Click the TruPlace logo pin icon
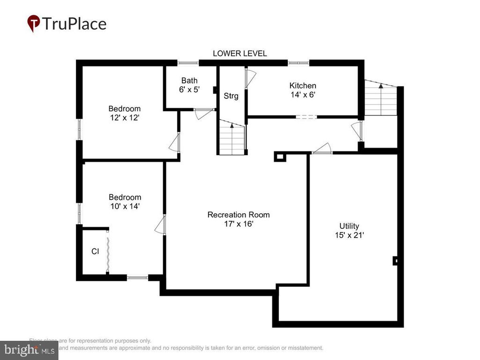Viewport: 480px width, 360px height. point(33,23)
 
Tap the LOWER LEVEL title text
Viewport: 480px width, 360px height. point(240,53)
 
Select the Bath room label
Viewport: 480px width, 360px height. point(189,81)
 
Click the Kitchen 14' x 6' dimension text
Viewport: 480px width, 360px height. point(302,94)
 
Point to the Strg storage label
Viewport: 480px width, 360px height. point(231,96)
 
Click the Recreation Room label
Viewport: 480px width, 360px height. point(239,215)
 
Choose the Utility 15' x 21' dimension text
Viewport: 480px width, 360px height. point(349,235)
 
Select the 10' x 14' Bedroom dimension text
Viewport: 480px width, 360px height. point(125,206)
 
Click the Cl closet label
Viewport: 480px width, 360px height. point(95,252)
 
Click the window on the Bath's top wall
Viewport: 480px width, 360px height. point(187,63)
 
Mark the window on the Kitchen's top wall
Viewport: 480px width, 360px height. point(298,63)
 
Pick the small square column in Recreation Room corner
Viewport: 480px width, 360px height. point(280,157)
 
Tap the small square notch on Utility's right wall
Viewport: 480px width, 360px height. point(395,261)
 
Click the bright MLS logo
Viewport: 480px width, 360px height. point(29,350)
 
